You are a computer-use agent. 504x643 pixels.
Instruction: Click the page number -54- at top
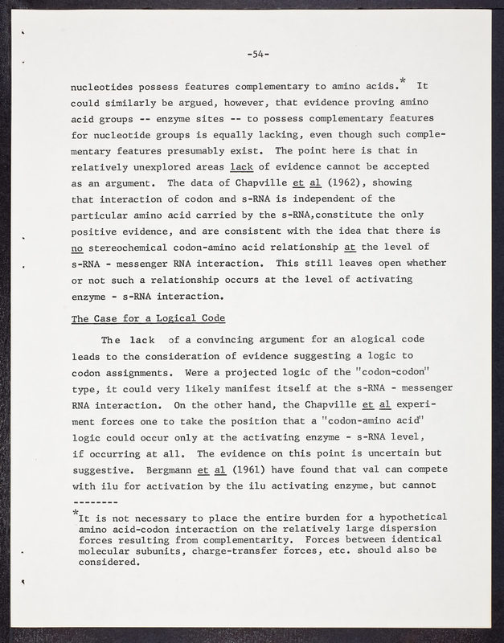(x=258, y=55)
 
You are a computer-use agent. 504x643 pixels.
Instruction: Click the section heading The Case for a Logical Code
(x=148, y=318)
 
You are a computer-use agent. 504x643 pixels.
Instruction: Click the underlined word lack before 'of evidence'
(x=242, y=167)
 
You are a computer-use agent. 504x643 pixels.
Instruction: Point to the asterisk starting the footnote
(x=75, y=512)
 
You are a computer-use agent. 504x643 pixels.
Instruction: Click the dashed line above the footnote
(x=96, y=500)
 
